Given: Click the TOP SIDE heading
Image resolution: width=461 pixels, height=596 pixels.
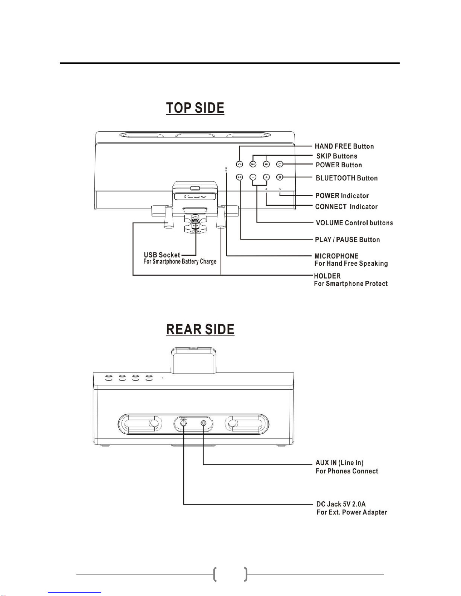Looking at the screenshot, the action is click(x=195, y=108).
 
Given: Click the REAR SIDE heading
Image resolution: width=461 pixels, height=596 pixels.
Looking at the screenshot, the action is click(x=200, y=329).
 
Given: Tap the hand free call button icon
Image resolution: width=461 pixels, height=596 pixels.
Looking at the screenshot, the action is click(x=240, y=164).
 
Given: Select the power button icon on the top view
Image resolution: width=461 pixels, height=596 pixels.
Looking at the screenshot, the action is click(x=280, y=164).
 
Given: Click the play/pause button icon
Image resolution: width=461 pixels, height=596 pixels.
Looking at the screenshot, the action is click(x=240, y=177).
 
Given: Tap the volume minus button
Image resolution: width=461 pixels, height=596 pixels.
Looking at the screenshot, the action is click(x=253, y=177).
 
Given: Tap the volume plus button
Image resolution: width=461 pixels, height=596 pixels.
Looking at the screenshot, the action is click(x=266, y=177).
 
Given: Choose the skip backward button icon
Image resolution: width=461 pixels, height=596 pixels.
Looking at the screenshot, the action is click(x=253, y=164).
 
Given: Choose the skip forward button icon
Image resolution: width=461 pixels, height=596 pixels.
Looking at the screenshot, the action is click(x=266, y=164).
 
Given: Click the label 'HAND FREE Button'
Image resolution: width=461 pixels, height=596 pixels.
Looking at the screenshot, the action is click(x=344, y=146).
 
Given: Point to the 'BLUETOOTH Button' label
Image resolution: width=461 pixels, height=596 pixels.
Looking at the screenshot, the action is click(x=347, y=178).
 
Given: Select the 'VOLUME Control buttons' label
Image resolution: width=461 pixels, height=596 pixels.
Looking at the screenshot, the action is click(x=354, y=223).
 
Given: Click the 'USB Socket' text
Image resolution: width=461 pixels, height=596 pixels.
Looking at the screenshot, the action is click(x=162, y=255).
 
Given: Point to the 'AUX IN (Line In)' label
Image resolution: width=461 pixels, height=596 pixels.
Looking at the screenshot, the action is click(x=339, y=463).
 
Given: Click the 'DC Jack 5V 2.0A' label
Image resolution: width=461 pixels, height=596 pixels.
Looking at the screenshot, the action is click(x=341, y=504).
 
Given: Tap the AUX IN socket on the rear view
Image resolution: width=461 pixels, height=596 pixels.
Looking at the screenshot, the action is click(x=203, y=423).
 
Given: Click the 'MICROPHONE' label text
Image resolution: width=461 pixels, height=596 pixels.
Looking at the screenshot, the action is click(x=336, y=256).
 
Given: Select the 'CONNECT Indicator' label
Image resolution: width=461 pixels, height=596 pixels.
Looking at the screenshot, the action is click(x=346, y=206).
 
